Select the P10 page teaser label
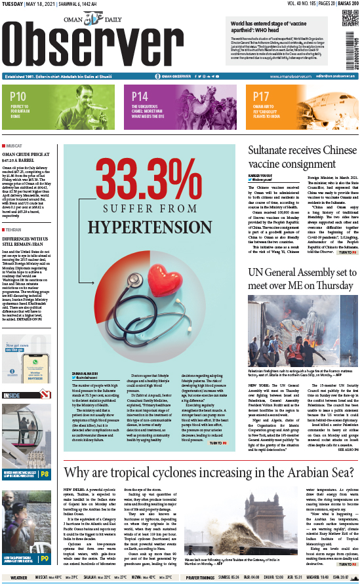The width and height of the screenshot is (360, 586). [18, 96]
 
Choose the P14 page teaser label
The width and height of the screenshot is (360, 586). [140, 96]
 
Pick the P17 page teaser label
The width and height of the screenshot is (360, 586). [262, 96]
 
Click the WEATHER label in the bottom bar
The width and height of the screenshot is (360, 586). [19, 577]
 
